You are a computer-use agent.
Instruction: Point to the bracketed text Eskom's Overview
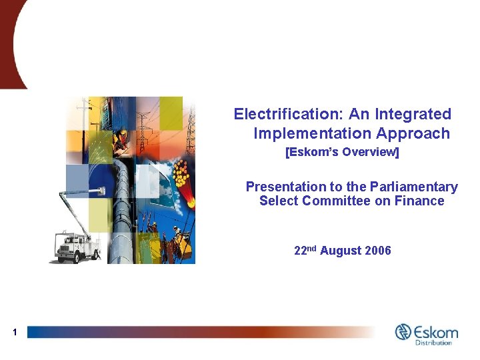click(x=342, y=152)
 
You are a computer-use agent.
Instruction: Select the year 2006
click(x=378, y=251)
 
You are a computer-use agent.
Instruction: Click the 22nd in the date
click(x=305, y=251)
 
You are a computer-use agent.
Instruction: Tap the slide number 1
click(x=13, y=331)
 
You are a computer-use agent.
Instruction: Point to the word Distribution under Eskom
click(x=433, y=343)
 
